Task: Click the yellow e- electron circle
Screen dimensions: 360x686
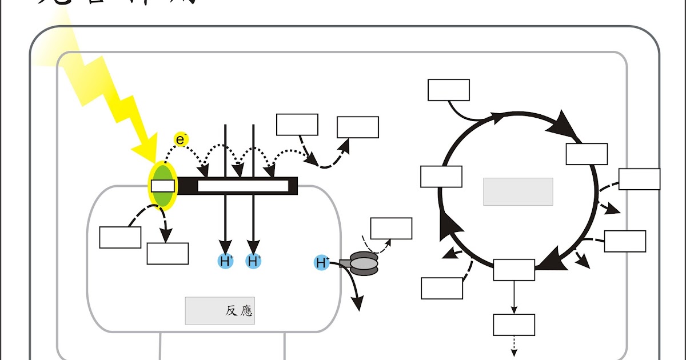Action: point(181,139)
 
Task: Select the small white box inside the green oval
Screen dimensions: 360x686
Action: point(162,186)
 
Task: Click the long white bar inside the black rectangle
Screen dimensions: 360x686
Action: point(243,186)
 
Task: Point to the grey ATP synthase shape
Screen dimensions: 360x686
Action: point(364,263)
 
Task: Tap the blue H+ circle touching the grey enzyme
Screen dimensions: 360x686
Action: point(322,263)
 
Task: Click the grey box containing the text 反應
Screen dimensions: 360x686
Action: point(220,310)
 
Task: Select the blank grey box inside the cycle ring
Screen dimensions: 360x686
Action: point(518,191)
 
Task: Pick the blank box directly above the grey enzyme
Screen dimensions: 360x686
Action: point(391,229)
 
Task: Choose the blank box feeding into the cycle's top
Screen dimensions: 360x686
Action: point(449,90)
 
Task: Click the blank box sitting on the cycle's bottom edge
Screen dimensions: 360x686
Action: point(514,270)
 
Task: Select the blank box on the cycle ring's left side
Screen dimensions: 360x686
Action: point(441,177)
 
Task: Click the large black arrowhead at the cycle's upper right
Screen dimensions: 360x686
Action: point(564,126)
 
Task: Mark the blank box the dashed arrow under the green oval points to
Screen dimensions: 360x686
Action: point(167,254)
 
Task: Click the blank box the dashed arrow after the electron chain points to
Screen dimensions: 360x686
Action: point(358,127)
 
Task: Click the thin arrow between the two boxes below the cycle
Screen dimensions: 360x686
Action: point(514,297)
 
